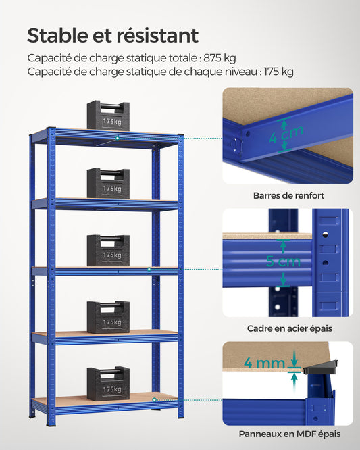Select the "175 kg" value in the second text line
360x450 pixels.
pyautogui.click(x=277, y=72)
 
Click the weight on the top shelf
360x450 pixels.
pyautogui.click(x=108, y=117)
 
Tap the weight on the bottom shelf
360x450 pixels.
pyautogui.click(x=108, y=384)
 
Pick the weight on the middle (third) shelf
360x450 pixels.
pyautogui.click(x=108, y=251)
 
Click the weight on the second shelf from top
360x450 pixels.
pyautogui.click(x=108, y=184)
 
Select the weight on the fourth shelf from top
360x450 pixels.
pyautogui.click(x=108, y=317)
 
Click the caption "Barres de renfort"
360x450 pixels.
pyautogui.click(x=288, y=196)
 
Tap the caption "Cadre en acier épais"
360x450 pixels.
pyautogui.click(x=289, y=329)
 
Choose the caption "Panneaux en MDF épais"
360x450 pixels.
pyautogui.click(x=288, y=434)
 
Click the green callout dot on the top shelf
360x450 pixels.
pyautogui.click(x=118, y=138)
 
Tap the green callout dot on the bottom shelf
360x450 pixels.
pyautogui.click(x=154, y=399)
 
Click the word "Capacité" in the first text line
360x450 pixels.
pyautogui.click(x=51, y=58)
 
